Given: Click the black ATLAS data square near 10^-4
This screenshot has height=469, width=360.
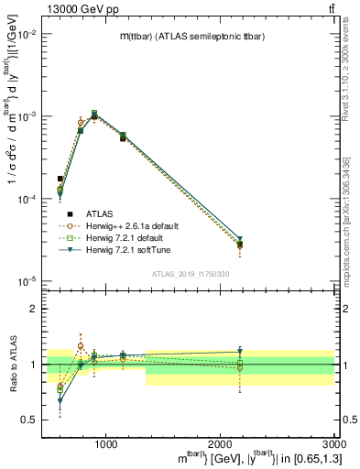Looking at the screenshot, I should pyautogui.click(x=60, y=179).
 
